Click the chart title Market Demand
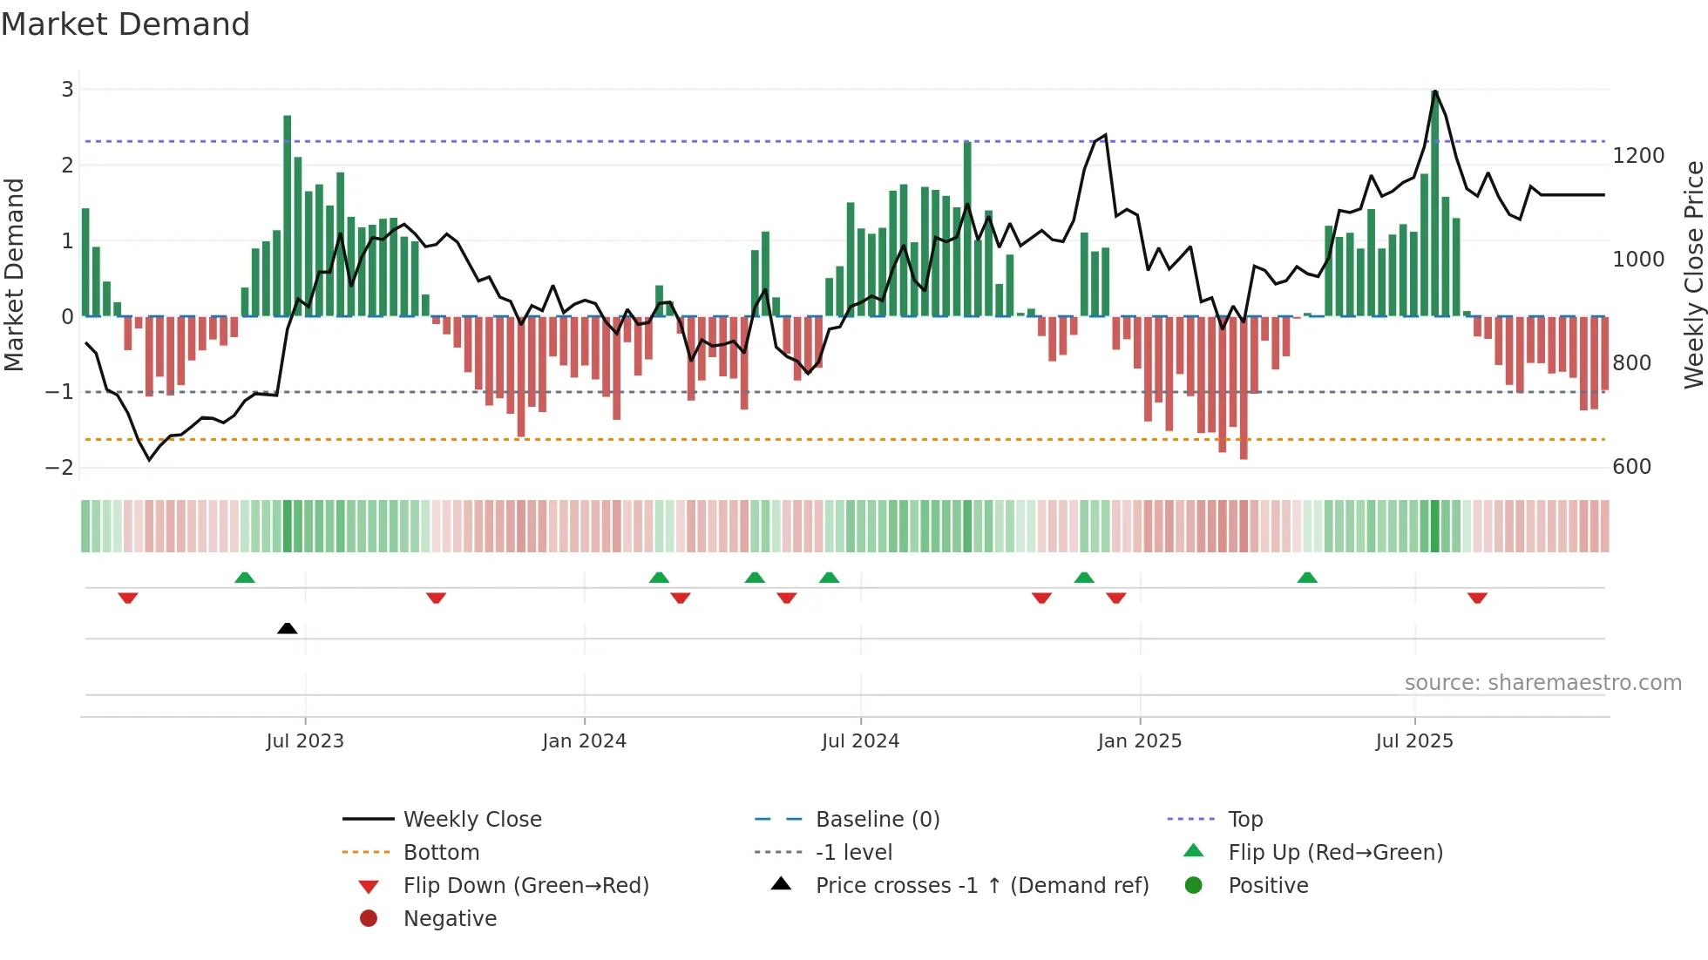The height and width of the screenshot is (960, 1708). coord(125,24)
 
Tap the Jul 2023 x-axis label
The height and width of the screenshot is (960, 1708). coord(305,741)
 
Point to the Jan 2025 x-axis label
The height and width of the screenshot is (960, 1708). coord(1139,741)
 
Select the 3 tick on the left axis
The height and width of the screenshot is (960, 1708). coord(67,89)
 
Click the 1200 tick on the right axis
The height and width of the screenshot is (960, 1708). coord(1638,156)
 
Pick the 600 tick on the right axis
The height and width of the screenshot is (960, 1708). coord(1631,467)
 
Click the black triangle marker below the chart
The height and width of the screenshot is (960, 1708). coord(287,628)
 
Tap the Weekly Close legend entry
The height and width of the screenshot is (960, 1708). coord(471,820)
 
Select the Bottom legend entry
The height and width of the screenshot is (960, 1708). coord(441,853)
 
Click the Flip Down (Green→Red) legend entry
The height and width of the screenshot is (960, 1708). coord(525,886)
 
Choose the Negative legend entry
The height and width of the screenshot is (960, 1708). coord(450,919)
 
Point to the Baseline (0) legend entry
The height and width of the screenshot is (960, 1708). coord(877,820)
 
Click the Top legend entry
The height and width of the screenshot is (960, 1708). coord(1244,820)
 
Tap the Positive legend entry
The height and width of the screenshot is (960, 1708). coord(1268,886)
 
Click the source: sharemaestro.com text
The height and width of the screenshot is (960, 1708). coord(1542,683)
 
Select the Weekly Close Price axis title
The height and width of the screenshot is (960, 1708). coord(1693,274)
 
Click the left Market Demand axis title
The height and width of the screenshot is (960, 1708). coord(14,274)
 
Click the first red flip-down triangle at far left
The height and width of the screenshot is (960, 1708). coord(128,598)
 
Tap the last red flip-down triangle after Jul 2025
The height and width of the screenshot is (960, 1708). coord(1477,598)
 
